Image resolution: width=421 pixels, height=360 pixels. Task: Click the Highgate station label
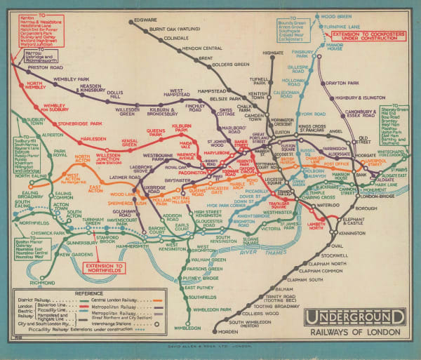[x=273, y=53]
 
